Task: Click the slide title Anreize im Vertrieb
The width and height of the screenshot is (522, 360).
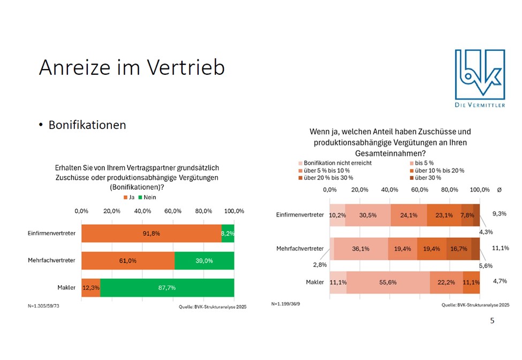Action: tap(132, 68)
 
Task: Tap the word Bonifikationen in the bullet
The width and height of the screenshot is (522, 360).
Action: tap(87, 125)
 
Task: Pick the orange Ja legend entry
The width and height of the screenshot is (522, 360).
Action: tap(128, 197)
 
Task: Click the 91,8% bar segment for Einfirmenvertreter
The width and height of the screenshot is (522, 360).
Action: tap(151, 234)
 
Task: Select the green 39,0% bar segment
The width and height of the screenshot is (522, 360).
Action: tap(205, 261)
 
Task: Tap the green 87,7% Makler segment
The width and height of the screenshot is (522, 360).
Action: tap(167, 288)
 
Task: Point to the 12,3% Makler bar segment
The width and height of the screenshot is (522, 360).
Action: tap(90, 288)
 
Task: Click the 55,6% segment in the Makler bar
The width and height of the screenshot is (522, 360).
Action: tap(388, 282)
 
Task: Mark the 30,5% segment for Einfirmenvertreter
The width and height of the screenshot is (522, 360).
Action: tap(368, 215)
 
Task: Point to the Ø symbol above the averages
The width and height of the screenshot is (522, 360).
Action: tap(499, 190)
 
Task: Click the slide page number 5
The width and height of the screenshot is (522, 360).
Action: tap(493, 321)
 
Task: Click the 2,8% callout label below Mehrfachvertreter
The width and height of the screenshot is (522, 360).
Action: tap(320, 264)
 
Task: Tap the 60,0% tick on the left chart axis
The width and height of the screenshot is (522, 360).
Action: tap(173, 211)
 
